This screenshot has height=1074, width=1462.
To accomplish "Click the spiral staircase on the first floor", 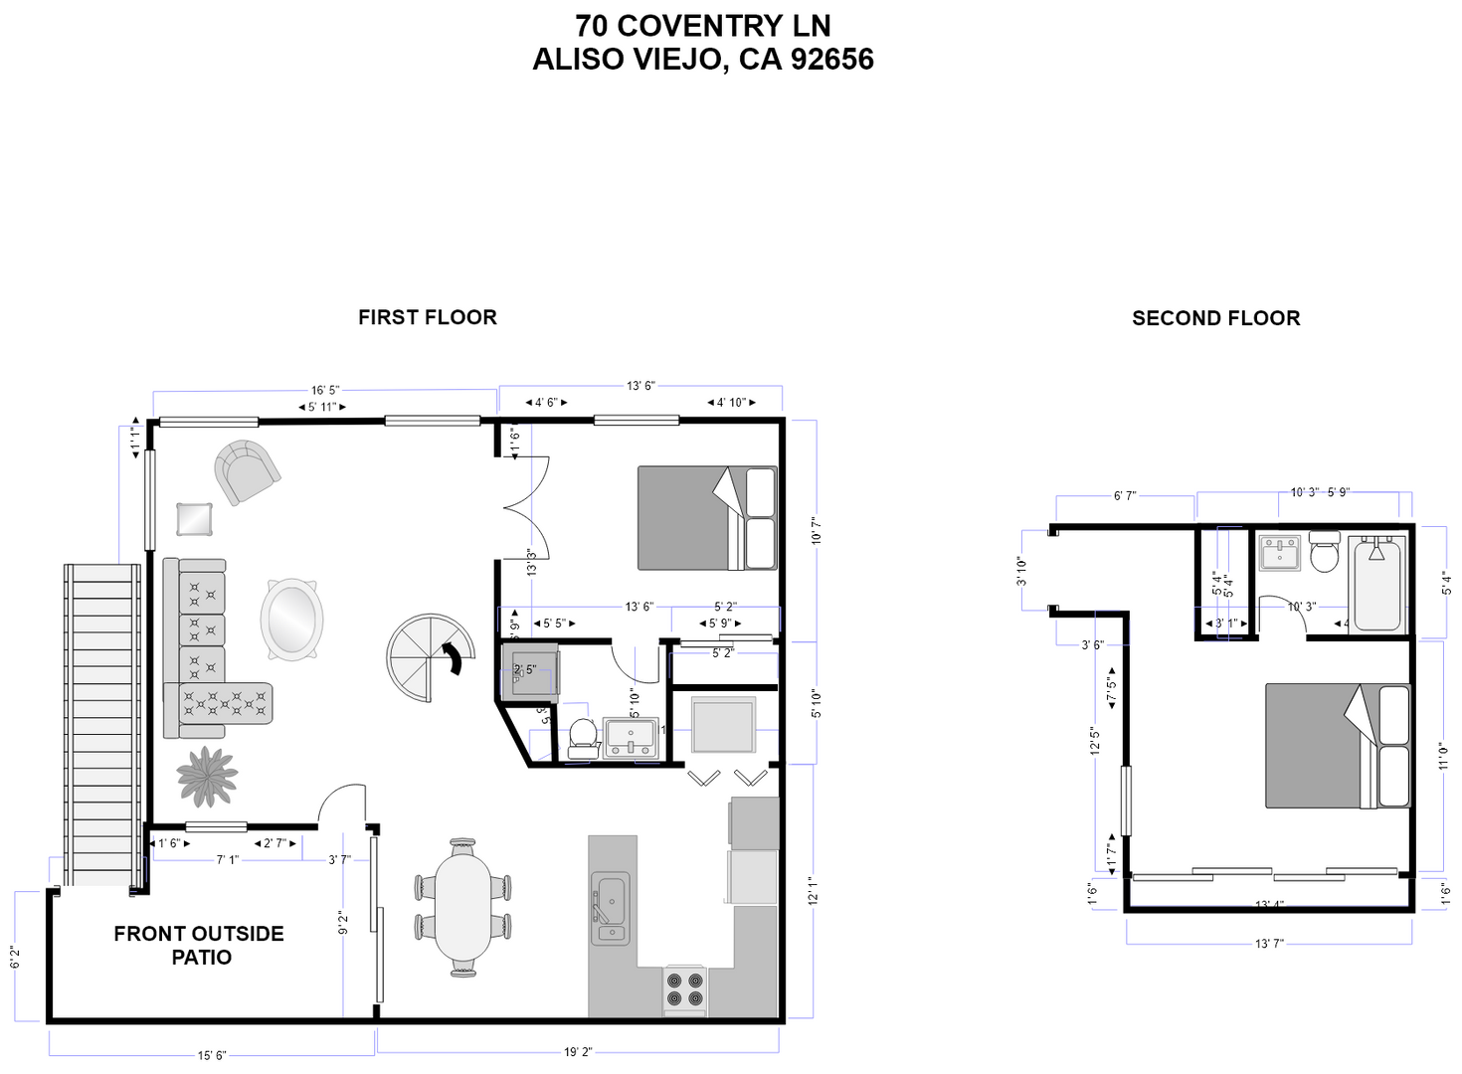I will tap(431, 657).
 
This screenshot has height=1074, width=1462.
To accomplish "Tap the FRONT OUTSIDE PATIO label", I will tap(199, 945).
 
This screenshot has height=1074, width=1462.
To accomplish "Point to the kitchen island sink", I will tap(609, 906).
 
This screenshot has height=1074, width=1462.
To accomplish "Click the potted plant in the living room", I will tap(207, 775).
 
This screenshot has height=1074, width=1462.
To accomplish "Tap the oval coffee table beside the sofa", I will tap(291, 619).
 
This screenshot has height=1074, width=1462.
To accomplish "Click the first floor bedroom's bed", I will tap(706, 518).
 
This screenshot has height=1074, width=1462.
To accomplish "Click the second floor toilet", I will tap(1324, 553).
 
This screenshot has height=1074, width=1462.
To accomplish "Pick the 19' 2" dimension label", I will tap(578, 1051).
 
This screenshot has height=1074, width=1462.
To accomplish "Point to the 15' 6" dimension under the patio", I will tap(212, 1055).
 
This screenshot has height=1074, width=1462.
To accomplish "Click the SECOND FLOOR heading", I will tap(1215, 318).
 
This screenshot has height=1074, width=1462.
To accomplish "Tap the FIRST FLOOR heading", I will tap(427, 317).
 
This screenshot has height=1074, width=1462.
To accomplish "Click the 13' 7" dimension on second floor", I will tap(1269, 943).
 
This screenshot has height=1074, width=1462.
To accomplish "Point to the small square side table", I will tap(194, 519).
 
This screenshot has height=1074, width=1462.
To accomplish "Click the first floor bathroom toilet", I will tap(582, 737).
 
